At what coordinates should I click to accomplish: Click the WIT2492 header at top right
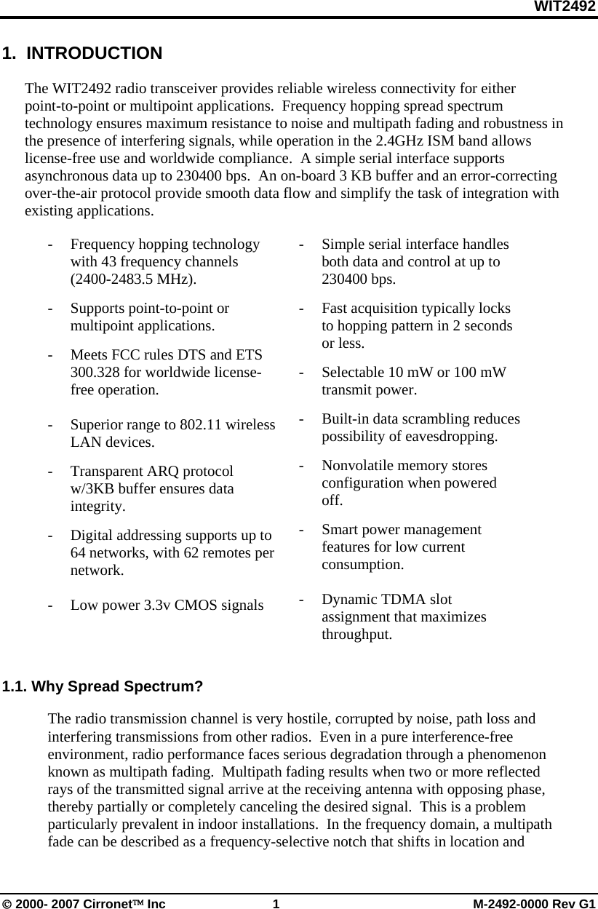(x=565, y=7)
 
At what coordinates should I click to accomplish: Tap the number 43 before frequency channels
(x=109, y=262)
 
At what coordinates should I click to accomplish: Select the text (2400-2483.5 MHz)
(x=132, y=279)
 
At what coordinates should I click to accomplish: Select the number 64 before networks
(x=79, y=553)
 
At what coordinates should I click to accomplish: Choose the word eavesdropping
(x=452, y=437)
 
